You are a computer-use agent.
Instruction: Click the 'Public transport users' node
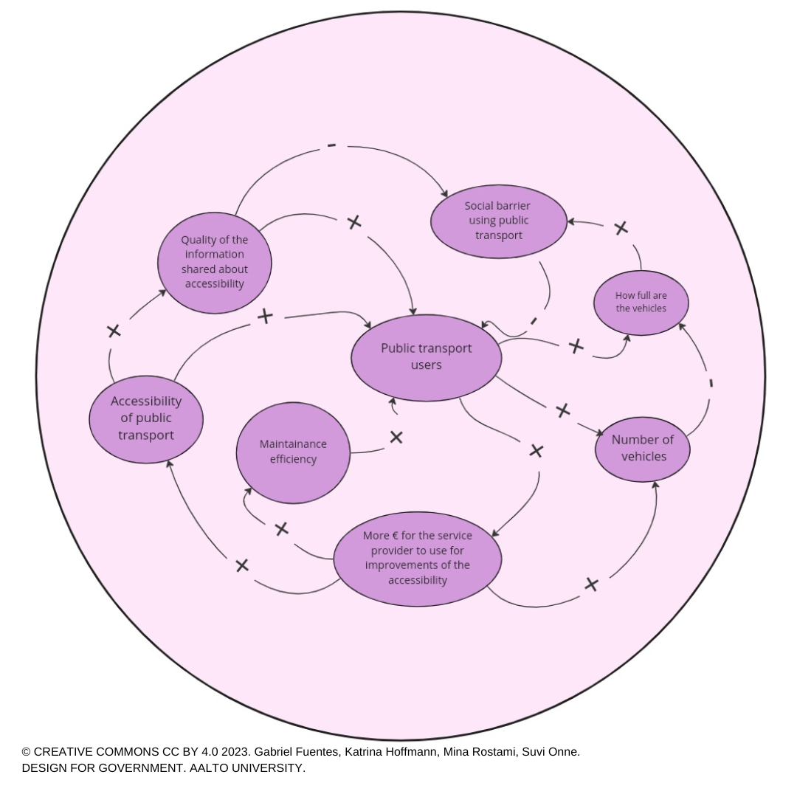pyautogui.click(x=427, y=358)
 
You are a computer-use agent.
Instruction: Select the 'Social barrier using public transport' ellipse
pyautogui.click(x=499, y=220)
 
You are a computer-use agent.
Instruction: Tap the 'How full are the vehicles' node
pyautogui.click(x=641, y=303)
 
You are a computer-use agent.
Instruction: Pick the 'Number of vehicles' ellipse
pyautogui.click(x=643, y=448)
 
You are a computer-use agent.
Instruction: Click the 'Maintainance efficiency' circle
pyautogui.click(x=293, y=452)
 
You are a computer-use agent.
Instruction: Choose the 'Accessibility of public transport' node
pyautogui.click(x=146, y=418)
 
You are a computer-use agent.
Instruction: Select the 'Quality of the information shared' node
pyautogui.click(x=215, y=262)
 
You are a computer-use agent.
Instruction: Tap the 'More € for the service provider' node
pyautogui.click(x=418, y=559)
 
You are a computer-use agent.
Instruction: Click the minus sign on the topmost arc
pyautogui.click(x=331, y=146)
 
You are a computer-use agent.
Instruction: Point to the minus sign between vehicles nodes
pyautogui.click(x=711, y=383)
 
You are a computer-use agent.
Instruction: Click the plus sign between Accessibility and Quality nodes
pyautogui.click(x=114, y=331)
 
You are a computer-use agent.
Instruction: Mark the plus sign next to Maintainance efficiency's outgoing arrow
pyautogui.click(x=396, y=438)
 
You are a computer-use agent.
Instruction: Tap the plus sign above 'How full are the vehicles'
pyautogui.click(x=621, y=228)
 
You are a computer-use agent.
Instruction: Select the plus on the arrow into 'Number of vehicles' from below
pyautogui.click(x=591, y=584)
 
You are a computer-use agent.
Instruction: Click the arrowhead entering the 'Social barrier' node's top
pyautogui.click(x=444, y=194)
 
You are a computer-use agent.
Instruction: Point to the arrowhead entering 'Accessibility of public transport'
pyautogui.click(x=169, y=463)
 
